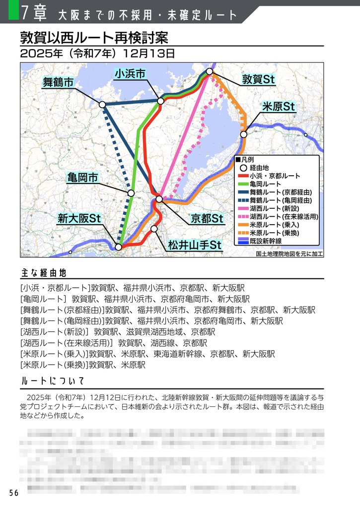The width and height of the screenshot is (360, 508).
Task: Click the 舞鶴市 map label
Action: coord(59,82)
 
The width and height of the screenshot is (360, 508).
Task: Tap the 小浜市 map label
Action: coord(130,74)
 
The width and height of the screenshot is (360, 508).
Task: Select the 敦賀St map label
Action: coord(259,79)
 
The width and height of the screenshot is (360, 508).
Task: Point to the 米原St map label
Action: coord(279,107)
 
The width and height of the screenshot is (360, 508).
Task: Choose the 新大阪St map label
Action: coord(79,218)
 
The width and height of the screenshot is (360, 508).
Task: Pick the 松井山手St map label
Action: coord(194,245)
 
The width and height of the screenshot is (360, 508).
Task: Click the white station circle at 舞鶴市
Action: coord(102,105)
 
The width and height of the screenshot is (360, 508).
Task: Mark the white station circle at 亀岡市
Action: coord(131,193)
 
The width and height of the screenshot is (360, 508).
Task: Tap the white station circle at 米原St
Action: coord(244,134)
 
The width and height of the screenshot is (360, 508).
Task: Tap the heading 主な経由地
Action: coord(44,273)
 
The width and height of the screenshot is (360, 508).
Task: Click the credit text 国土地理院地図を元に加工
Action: coord(289,253)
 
